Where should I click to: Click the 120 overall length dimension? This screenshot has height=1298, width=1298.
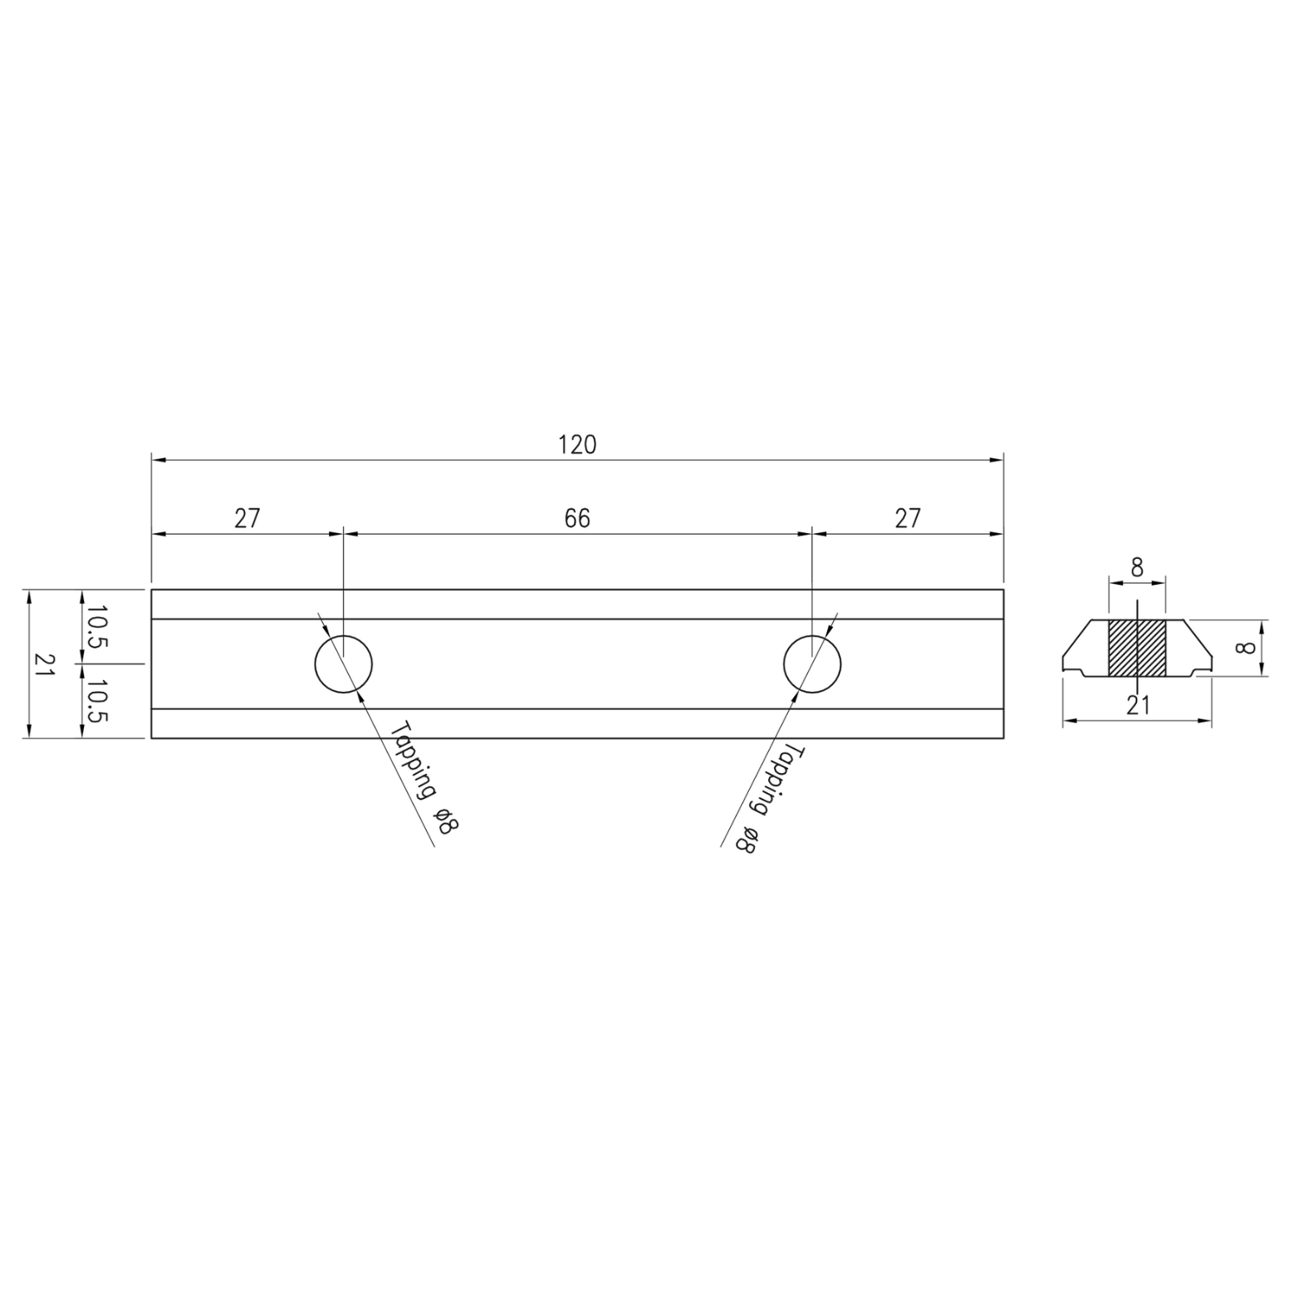pos(577,445)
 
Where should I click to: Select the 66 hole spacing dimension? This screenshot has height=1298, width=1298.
pos(577,518)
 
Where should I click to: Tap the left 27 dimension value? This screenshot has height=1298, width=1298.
pos(247,518)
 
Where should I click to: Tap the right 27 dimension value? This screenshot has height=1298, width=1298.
pos(908,518)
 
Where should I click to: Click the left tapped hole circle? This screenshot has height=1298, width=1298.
pos(315,664)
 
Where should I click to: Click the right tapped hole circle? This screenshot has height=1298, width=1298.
pos(784,664)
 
